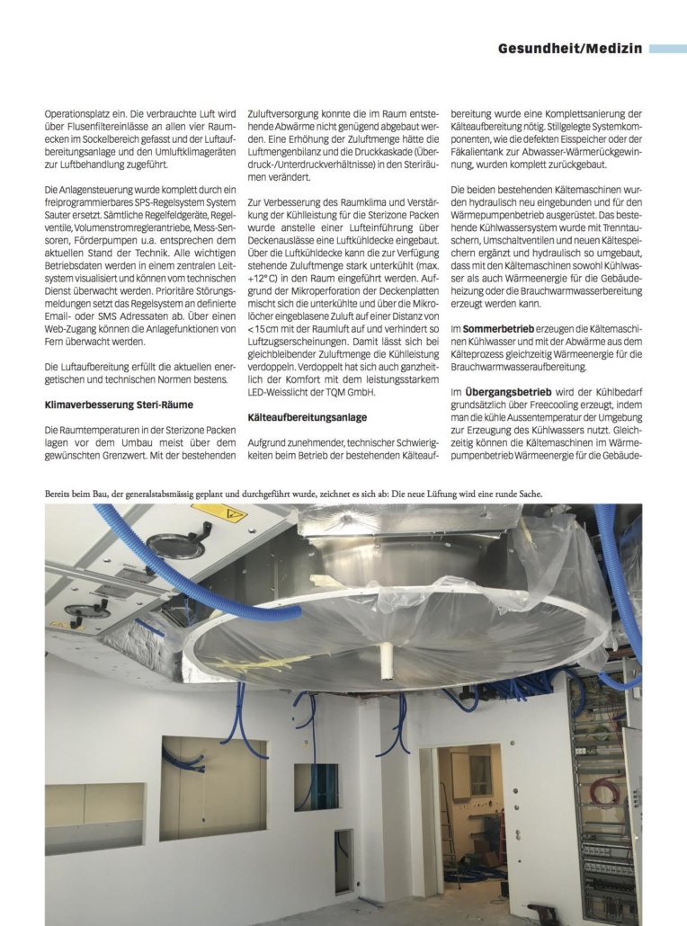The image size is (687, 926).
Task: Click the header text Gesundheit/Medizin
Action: click(x=570, y=49)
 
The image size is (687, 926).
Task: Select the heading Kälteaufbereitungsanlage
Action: click(x=308, y=417)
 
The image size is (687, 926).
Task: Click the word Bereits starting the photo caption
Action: click(x=63, y=493)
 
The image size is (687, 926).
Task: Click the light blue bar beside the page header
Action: click(x=667, y=49)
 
